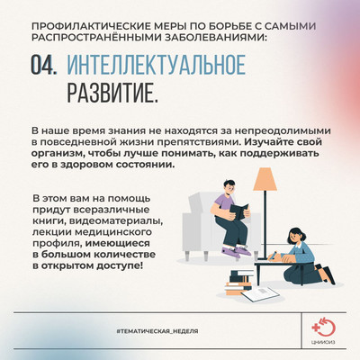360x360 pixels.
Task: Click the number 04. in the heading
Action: pos(43,65)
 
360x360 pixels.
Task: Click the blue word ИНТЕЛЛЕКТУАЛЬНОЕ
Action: pos(156,65)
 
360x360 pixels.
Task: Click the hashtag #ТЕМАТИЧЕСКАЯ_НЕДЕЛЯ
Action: pos(157,331)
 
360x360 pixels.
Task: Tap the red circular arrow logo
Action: pos(323,327)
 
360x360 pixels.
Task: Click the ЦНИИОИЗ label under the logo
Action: pos(323,342)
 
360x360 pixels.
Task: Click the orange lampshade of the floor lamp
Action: pos(265,179)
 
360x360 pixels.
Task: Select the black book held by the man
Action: pos(239,211)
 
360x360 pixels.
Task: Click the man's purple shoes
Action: pos(237,251)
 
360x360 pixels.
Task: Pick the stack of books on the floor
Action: pos(239,283)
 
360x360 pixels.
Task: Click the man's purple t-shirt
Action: pos(223,202)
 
